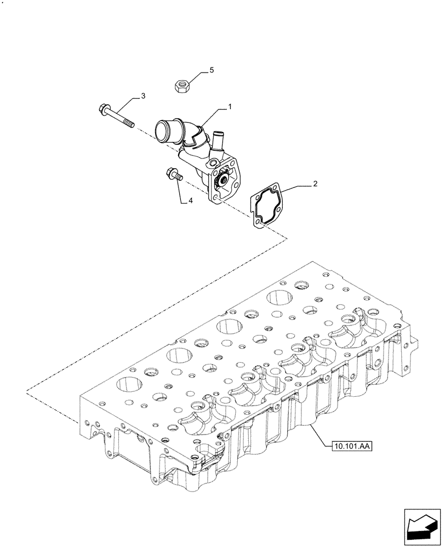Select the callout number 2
click(315, 185)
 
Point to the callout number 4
click(191, 201)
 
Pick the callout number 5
click(211, 71)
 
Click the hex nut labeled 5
click(181, 85)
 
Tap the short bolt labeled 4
click(171, 174)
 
